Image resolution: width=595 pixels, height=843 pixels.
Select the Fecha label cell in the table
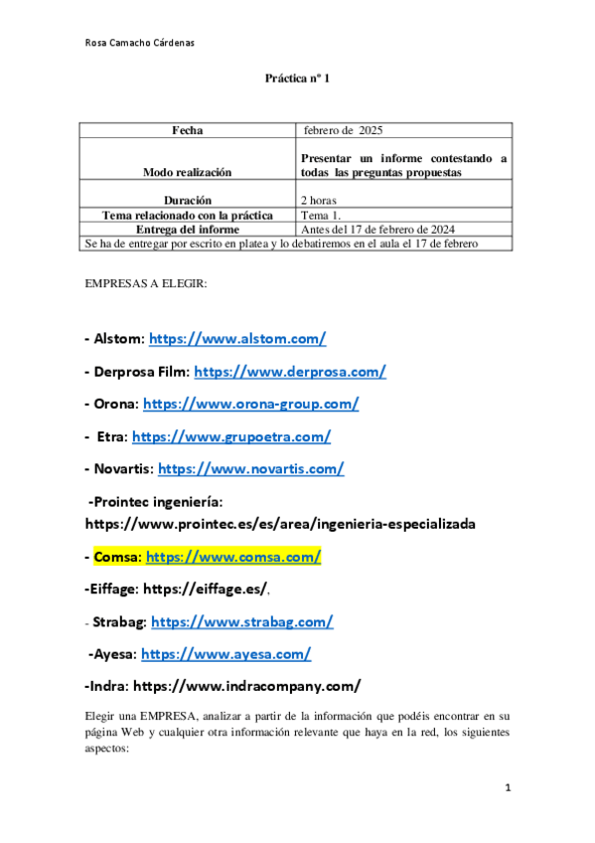point(187,130)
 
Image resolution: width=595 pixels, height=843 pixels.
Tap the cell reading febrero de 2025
point(344,130)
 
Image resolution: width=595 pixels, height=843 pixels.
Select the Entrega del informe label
point(187,229)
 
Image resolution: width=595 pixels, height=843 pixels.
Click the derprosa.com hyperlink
point(290,372)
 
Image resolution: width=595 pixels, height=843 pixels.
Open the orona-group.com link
point(251,404)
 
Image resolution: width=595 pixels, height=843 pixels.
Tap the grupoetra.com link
point(231,436)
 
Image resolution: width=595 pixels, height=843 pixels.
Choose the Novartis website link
point(251,468)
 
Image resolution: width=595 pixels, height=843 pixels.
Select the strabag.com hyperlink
point(241,622)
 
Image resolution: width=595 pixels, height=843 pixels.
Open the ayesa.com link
point(226,654)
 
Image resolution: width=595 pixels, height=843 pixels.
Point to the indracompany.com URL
point(246,686)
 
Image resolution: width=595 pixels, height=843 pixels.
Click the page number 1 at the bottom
point(508,788)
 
